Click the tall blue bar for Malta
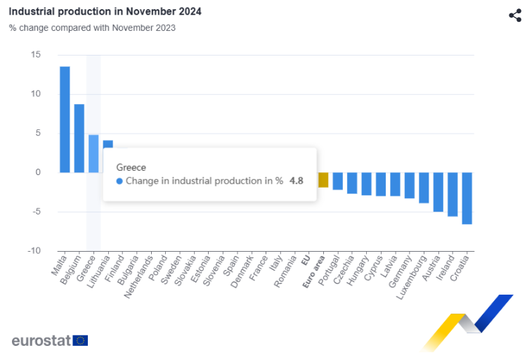[x=65, y=120]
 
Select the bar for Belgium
[x=79, y=139]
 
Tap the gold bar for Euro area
[x=323, y=180]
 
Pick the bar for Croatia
[x=467, y=198]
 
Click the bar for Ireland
[x=453, y=194]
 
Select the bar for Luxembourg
[x=424, y=188]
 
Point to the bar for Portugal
[x=337, y=181]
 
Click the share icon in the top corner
[x=515, y=15]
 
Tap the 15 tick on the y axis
[x=36, y=55]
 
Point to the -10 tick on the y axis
[x=34, y=251]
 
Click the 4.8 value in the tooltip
[x=297, y=181]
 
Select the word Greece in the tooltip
[x=131, y=167]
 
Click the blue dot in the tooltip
[x=119, y=181]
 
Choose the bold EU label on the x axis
[x=306, y=261]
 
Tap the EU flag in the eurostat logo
[x=81, y=341]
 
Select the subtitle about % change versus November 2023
[x=92, y=28]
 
